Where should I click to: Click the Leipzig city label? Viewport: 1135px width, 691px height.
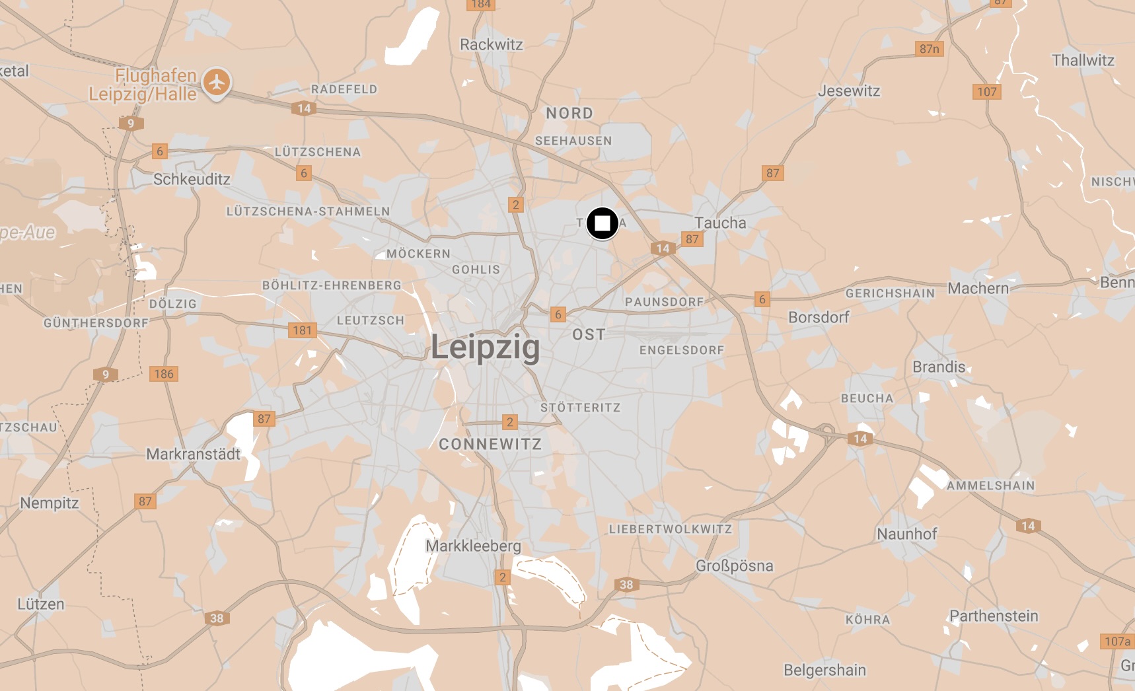486,347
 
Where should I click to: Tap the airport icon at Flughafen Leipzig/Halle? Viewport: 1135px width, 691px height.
216,83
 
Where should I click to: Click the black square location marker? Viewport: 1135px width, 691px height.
602,223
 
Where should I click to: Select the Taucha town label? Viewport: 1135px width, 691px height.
720,223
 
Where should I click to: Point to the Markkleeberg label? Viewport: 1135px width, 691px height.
473,546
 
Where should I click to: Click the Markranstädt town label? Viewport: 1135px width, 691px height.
193,454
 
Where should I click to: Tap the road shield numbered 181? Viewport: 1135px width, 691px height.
302,330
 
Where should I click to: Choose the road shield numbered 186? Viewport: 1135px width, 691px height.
163,374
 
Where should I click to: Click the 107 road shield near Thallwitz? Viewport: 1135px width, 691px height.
986,92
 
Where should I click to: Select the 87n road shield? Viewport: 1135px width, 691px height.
930,49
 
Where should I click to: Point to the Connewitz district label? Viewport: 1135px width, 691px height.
490,444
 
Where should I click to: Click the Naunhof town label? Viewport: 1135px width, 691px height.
906,534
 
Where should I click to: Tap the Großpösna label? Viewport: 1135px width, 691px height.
734,565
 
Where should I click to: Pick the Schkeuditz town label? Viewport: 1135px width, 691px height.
192,179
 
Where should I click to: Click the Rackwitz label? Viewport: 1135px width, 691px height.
491,44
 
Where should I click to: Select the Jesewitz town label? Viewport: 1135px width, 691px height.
849,91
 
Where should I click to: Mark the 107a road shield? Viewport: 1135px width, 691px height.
1117,641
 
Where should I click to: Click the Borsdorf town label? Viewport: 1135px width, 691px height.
819,317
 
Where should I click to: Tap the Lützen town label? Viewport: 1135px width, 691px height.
41,604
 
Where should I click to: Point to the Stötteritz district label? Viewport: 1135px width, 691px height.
580,408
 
